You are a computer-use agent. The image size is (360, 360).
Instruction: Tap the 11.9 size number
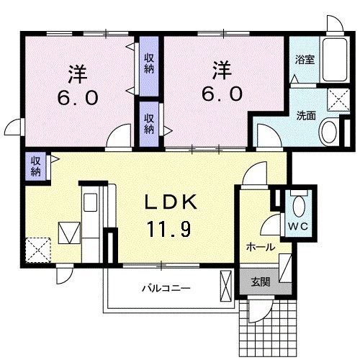tap(170, 230)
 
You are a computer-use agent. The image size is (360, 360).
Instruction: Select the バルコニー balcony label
tap(165, 288)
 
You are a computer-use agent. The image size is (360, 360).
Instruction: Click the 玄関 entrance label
tap(261, 283)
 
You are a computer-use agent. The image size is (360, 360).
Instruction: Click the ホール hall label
tap(259, 246)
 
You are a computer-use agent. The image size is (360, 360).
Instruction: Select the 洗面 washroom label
tap(306, 115)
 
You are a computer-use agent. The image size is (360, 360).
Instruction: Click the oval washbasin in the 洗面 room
tap(330, 132)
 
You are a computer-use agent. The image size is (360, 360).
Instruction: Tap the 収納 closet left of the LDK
tap(35, 166)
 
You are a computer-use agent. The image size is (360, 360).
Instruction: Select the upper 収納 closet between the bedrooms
tap(148, 63)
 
